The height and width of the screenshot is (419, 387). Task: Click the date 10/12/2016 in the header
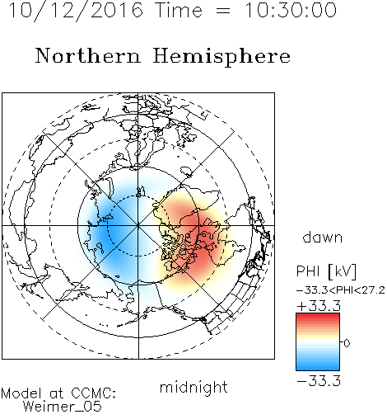point(76,11)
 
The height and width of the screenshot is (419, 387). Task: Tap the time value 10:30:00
point(291,10)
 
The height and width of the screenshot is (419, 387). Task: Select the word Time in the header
point(179,10)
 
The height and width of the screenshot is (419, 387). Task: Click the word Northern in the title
point(88,55)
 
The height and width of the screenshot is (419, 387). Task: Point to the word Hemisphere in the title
point(221,57)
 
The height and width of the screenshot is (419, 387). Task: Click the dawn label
point(323,237)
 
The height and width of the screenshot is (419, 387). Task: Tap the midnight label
point(193,387)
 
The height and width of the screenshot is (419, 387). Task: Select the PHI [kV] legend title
point(326,271)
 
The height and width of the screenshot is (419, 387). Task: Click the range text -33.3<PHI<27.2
point(341,290)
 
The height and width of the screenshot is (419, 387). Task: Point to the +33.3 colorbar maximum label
point(319,306)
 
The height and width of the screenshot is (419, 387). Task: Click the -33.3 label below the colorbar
point(319,381)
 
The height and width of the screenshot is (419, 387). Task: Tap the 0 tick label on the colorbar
point(347,343)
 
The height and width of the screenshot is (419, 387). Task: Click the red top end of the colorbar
point(318,316)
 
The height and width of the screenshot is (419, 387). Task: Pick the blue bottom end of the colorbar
point(318,368)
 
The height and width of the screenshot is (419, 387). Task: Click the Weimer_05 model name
point(63,407)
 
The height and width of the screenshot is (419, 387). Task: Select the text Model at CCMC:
point(58,393)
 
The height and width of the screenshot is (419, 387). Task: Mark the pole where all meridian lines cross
point(138,225)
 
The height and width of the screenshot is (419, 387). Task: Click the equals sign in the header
point(223,12)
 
